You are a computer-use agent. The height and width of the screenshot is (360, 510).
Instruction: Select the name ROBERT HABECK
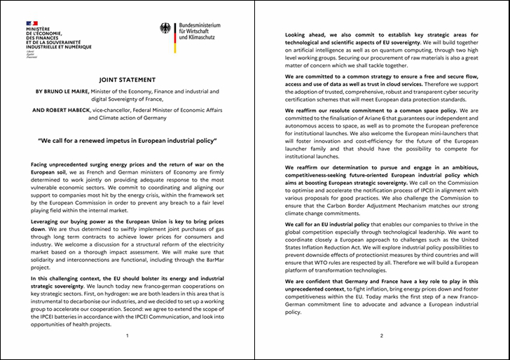[x=90, y=109]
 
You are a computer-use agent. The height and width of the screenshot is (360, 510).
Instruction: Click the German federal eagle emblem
[x=165, y=29]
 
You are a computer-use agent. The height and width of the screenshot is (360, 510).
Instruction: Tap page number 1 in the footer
[x=127, y=336]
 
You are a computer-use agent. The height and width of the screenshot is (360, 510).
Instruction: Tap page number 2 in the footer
[x=382, y=336]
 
